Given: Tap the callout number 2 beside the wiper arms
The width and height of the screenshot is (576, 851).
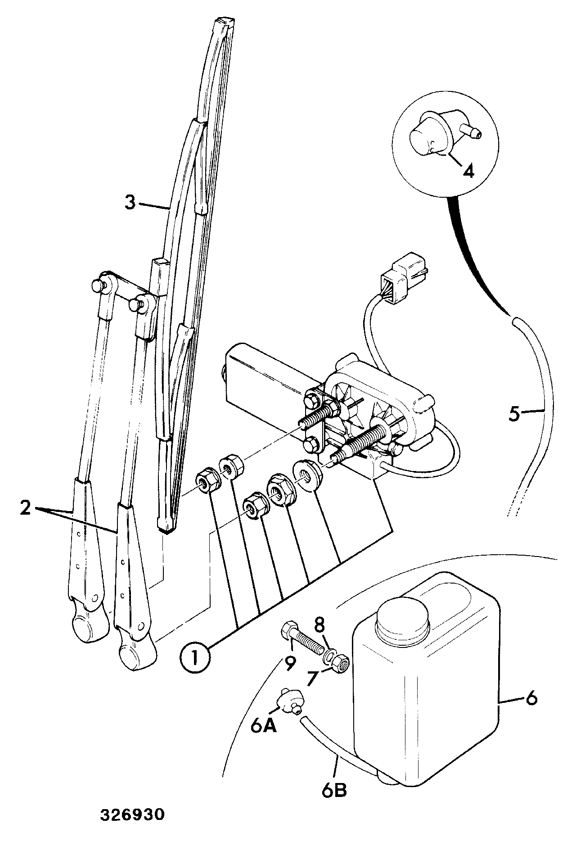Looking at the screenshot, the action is click(26, 508).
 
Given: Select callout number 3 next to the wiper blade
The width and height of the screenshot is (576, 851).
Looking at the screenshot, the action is click(130, 203).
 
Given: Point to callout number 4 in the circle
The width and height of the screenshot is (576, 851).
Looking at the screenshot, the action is click(468, 171).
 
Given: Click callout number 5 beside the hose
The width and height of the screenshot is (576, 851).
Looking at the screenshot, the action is click(514, 413).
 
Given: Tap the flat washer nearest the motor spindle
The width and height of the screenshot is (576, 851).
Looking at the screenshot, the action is click(306, 474).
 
